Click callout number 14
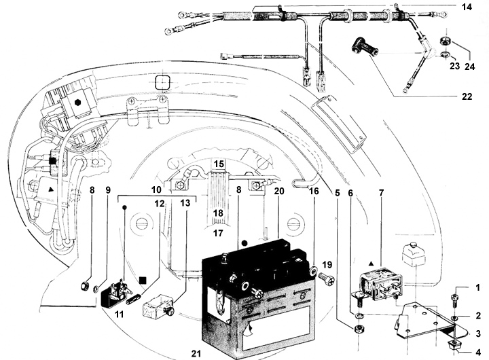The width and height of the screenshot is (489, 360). [466, 7]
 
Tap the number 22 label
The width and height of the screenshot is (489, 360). [467, 97]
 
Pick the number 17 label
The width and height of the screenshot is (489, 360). [219, 233]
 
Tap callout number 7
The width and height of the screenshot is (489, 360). [381, 193]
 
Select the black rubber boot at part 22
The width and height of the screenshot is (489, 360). [365, 49]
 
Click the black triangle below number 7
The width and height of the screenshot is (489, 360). [371, 262]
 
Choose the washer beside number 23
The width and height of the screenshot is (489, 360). [445, 54]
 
